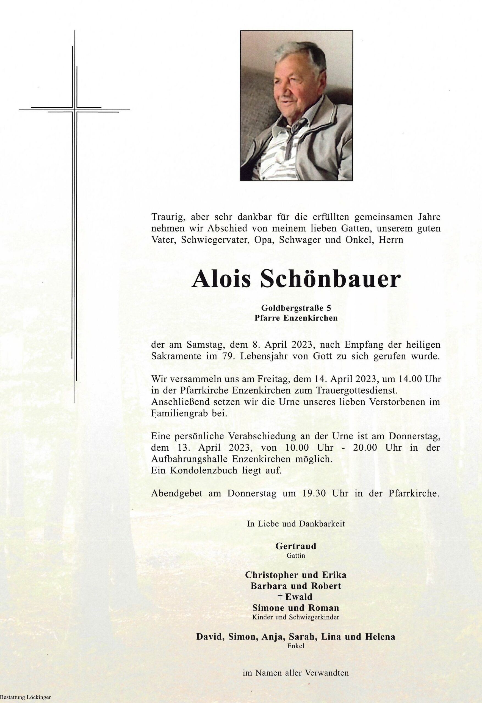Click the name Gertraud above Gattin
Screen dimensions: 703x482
pyautogui.click(x=296, y=546)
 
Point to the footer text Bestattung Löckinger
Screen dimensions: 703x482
pyautogui.click(x=26, y=697)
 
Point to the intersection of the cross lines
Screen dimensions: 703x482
pyautogui.click(x=74, y=109)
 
